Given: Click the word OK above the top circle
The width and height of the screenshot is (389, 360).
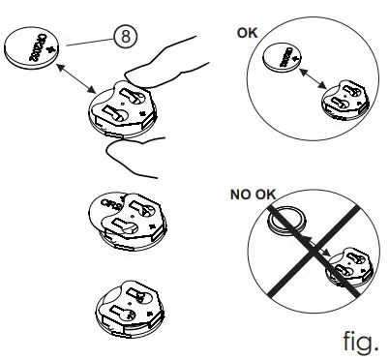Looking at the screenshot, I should tap(248, 32).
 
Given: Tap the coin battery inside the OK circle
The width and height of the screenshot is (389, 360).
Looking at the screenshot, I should tap(292, 54).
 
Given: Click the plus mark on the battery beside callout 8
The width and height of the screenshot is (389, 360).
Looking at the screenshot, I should tap(46, 46).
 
